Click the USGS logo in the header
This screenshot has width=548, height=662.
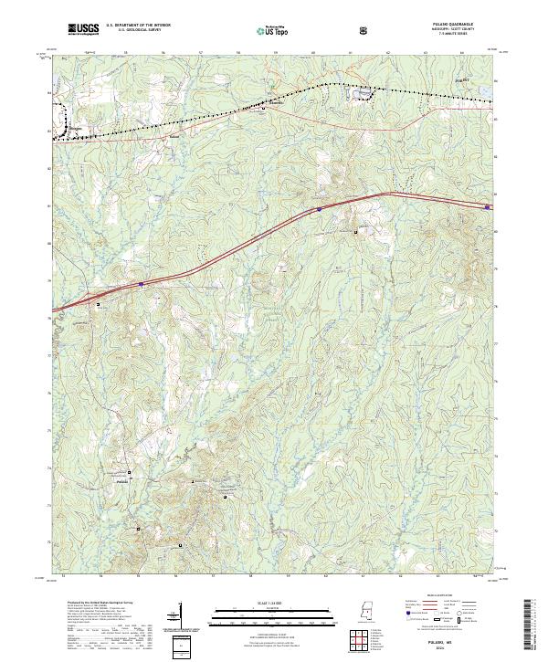pyautogui.click(x=83, y=30)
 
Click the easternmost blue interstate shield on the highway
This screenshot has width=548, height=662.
pyautogui.click(x=487, y=207)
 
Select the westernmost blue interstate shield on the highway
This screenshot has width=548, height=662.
pyautogui.click(x=142, y=284)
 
